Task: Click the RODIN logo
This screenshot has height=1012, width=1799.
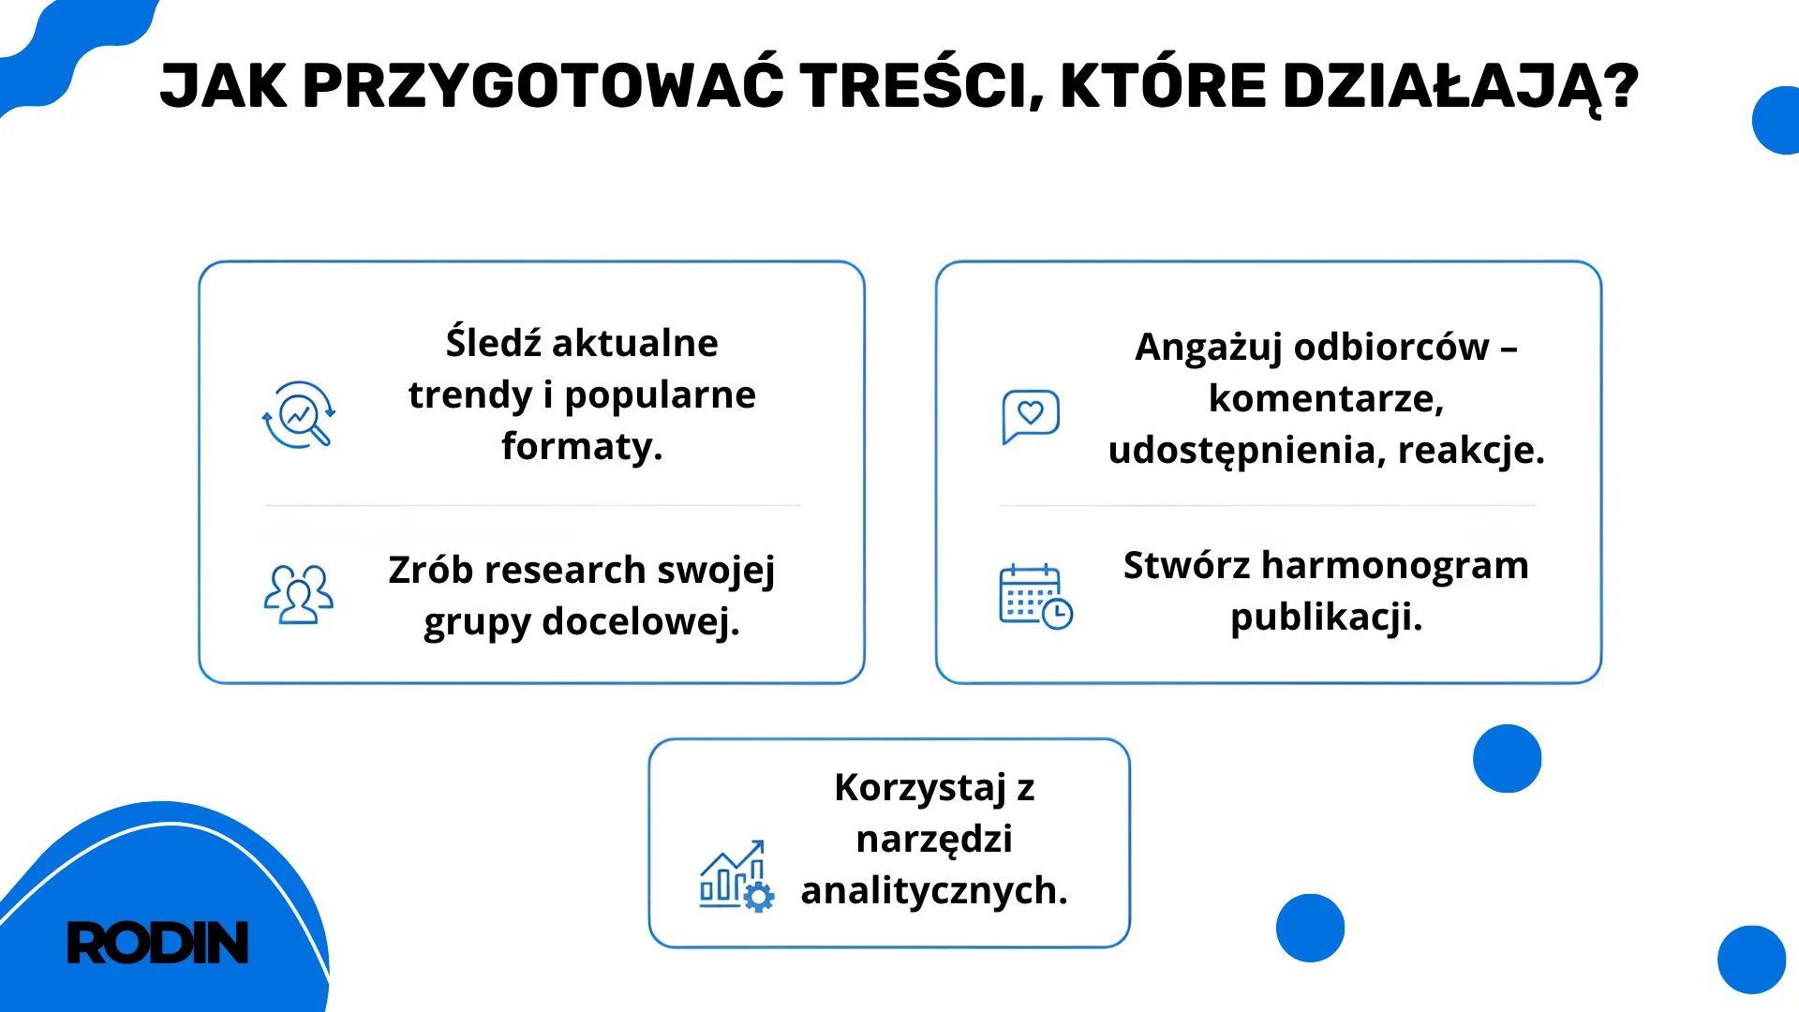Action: click(157, 943)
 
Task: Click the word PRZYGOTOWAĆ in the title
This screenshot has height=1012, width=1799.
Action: click(543, 86)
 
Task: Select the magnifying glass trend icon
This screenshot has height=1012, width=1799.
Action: click(298, 415)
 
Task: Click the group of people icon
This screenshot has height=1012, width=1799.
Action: click(298, 593)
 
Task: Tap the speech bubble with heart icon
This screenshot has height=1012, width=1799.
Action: click(1031, 415)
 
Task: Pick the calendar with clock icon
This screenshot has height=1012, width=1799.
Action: click(1035, 597)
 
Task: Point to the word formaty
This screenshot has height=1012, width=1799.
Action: click(581, 447)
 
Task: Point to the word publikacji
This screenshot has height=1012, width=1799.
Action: click(1326, 618)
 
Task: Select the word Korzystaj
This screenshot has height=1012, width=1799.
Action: click(920, 788)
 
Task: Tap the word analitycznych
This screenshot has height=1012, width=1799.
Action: click(933, 891)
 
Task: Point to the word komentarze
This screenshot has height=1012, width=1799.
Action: click(1326, 399)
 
